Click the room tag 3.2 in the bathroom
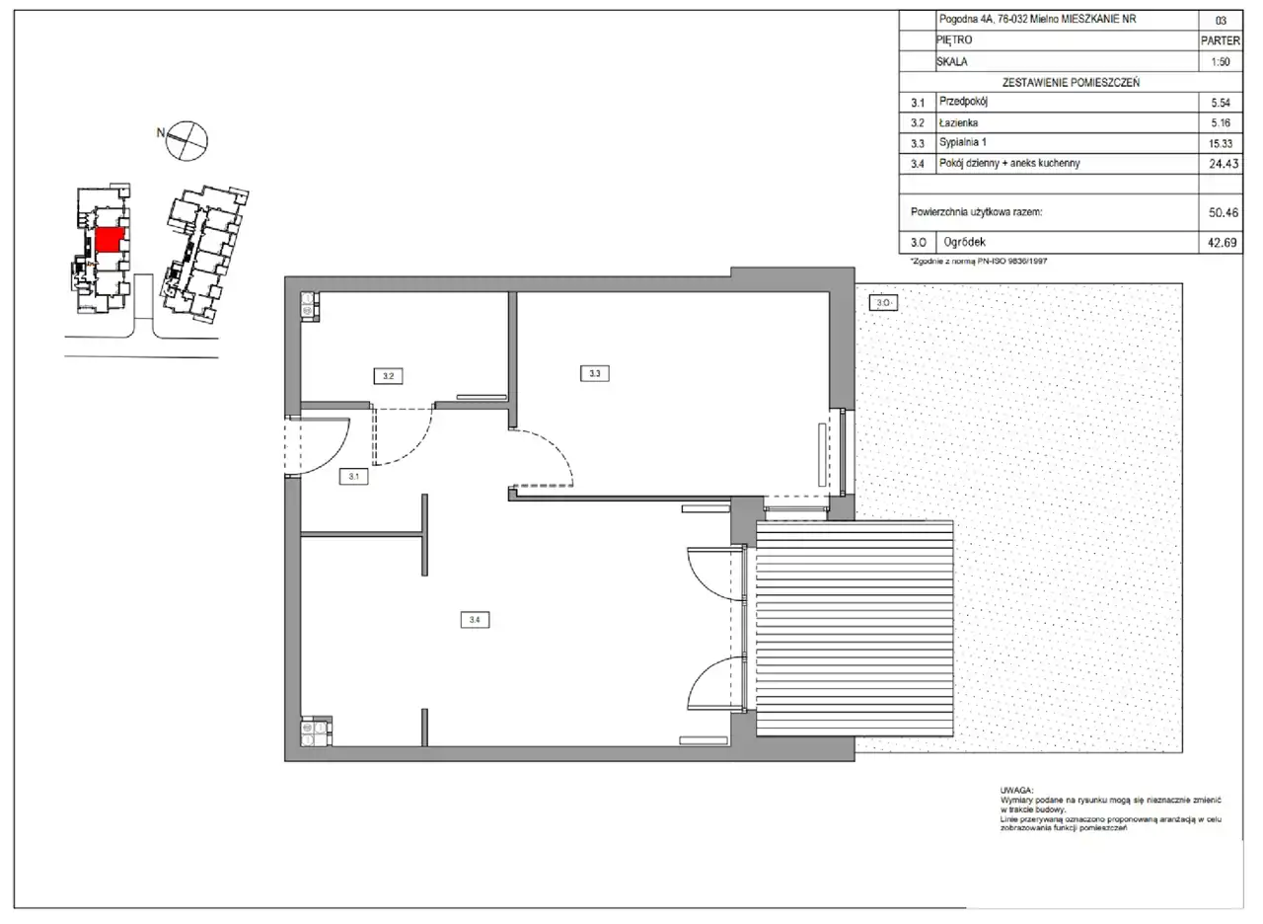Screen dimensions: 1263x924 click(x=388, y=376)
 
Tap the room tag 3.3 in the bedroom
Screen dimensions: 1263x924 click(x=594, y=373)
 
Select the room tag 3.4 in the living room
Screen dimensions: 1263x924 click(x=475, y=619)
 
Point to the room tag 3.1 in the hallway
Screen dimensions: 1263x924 click(x=353, y=476)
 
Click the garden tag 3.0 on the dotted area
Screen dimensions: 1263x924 click(x=883, y=303)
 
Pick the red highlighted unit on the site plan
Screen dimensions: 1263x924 click(x=110, y=240)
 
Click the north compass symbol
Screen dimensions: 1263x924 click(x=186, y=140)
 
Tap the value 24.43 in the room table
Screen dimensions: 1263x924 click(x=1223, y=164)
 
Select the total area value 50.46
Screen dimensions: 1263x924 click(x=1223, y=212)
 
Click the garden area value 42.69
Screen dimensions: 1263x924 click(x=1222, y=243)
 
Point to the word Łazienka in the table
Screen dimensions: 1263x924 click(x=958, y=122)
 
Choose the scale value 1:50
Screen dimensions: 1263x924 click(x=1221, y=61)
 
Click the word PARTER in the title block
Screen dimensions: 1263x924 click(x=1221, y=40)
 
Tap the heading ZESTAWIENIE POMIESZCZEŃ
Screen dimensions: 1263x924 click(x=1071, y=82)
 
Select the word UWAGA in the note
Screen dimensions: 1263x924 click(x=1016, y=791)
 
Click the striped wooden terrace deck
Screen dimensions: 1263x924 click(x=854, y=629)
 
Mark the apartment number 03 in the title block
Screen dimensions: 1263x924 click(x=1221, y=21)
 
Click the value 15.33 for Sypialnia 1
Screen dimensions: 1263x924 click(x=1221, y=143)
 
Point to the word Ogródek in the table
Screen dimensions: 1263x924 click(x=965, y=242)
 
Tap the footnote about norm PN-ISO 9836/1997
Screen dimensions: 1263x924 click(x=978, y=262)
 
